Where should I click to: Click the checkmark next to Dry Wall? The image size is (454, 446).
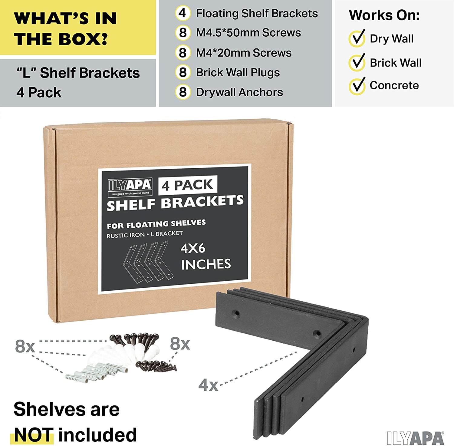(x=357, y=38)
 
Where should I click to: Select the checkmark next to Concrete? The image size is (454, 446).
(x=357, y=86)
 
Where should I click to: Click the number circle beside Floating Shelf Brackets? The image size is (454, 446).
(x=183, y=13)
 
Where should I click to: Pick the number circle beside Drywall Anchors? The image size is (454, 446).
(x=183, y=92)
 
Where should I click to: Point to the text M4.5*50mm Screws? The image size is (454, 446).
(x=248, y=33)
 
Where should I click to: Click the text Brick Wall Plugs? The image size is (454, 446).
(x=238, y=73)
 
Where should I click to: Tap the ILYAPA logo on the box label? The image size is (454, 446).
(x=130, y=187)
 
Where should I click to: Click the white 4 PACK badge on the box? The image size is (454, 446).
(x=188, y=185)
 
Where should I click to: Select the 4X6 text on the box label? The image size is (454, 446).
(x=193, y=249)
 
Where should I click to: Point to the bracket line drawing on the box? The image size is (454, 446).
(x=146, y=261)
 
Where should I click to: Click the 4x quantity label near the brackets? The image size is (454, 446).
(x=208, y=385)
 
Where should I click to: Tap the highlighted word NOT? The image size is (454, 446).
(x=34, y=435)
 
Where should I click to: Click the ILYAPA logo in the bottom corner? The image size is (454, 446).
(x=416, y=438)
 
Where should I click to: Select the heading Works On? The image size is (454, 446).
(x=384, y=15)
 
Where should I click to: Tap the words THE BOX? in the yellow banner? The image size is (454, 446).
(x=61, y=39)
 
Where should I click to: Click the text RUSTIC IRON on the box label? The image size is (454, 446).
(x=126, y=235)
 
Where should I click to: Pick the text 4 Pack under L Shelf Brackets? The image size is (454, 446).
(x=39, y=92)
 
